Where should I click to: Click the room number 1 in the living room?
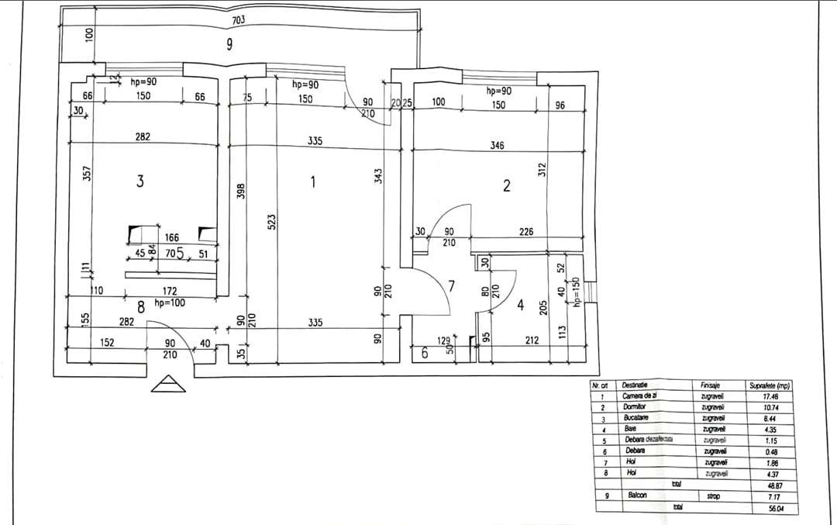point(312,182)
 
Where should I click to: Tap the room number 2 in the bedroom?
point(506,185)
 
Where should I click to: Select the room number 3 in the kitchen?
point(139,181)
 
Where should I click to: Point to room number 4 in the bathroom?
point(521,305)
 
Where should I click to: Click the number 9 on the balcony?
point(229,45)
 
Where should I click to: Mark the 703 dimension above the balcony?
point(239,19)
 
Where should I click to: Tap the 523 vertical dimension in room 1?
point(271,222)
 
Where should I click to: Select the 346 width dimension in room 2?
point(498,145)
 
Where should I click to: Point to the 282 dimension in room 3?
point(143,136)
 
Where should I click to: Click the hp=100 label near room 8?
point(170,303)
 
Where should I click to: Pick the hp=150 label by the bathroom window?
point(576,292)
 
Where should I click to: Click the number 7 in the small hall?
point(451,286)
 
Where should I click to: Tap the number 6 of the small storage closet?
point(424,353)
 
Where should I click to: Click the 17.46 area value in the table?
point(770,395)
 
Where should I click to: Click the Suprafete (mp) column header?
point(770,385)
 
